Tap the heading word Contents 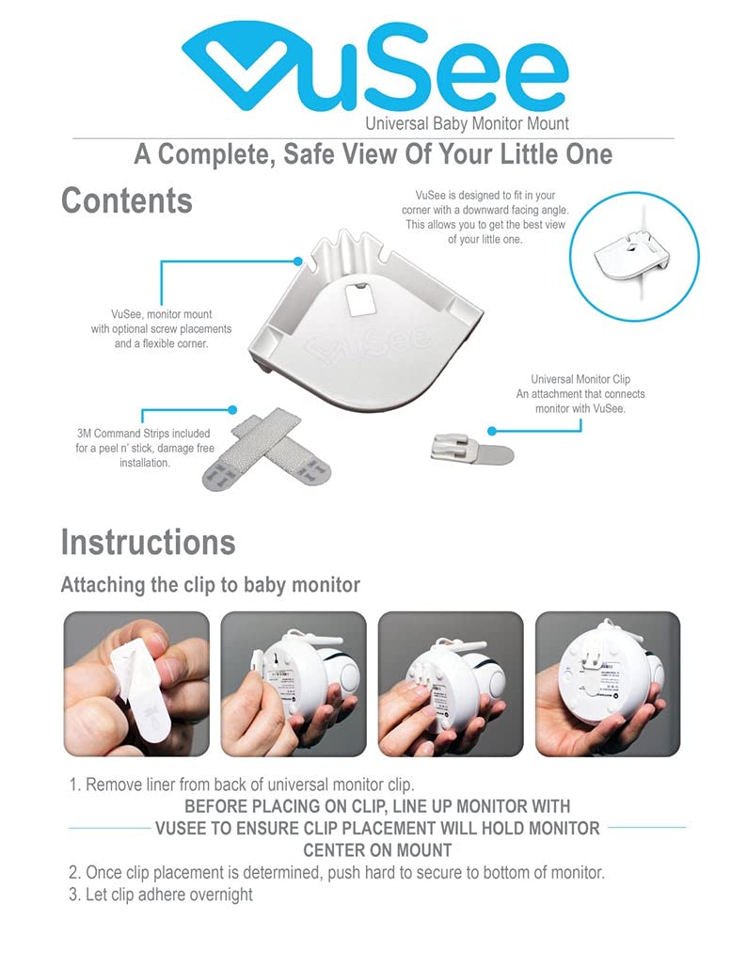126,201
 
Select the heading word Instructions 148,543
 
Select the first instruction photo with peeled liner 136,683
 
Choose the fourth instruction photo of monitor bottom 607,683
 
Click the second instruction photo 294,683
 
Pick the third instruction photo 450,683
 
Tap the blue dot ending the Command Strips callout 233,410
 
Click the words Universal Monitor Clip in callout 580,379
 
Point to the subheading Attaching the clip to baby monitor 210,585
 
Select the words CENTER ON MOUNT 377,850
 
